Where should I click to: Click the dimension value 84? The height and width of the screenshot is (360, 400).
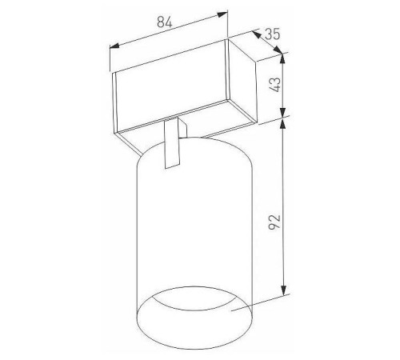165,22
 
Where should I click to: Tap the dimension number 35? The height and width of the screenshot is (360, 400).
273,34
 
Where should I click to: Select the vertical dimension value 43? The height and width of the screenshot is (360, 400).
275,85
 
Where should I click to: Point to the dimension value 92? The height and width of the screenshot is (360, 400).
274,222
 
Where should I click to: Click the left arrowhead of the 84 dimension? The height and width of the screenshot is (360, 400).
114,46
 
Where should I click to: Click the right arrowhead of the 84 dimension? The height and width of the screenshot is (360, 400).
223,14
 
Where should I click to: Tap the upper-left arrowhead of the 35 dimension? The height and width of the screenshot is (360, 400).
256,34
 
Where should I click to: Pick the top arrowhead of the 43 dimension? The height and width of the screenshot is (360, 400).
283,58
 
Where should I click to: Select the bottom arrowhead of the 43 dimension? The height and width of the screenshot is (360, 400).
283,112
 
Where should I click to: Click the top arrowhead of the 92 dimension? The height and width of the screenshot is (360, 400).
283,123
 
